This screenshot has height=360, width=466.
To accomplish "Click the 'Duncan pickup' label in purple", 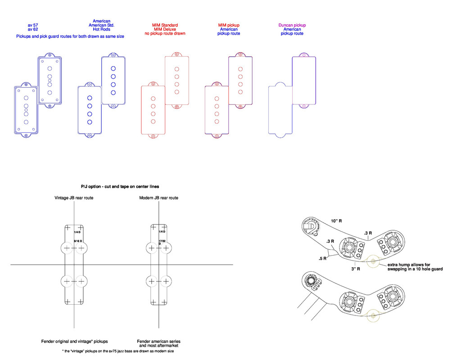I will (x=292, y=25).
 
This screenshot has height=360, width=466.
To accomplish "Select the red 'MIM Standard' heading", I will (x=165, y=25).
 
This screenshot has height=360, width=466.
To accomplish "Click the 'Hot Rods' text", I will (x=101, y=29).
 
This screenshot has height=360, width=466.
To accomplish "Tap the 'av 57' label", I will (x=33, y=25).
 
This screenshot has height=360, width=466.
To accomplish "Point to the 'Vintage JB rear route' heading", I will (x=74, y=198).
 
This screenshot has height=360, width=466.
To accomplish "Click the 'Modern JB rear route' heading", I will (x=158, y=198).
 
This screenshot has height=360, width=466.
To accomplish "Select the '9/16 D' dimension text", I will (x=77, y=242).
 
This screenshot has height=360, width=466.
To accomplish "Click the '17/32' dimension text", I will (x=163, y=242).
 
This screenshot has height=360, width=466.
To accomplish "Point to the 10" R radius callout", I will (x=336, y=221).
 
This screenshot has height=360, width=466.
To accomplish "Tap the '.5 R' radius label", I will (x=323, y=259).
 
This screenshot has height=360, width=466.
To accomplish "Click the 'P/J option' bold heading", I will (x=120, y=186).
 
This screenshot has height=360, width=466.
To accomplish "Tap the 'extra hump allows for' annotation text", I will (x=409, y=265).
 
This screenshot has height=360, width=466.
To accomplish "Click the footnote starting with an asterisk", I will (x=118, y=351).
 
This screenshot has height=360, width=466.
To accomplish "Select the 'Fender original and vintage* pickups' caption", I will (x=74, y=342).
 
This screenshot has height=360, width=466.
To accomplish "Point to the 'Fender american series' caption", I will (x=158, y=342).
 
